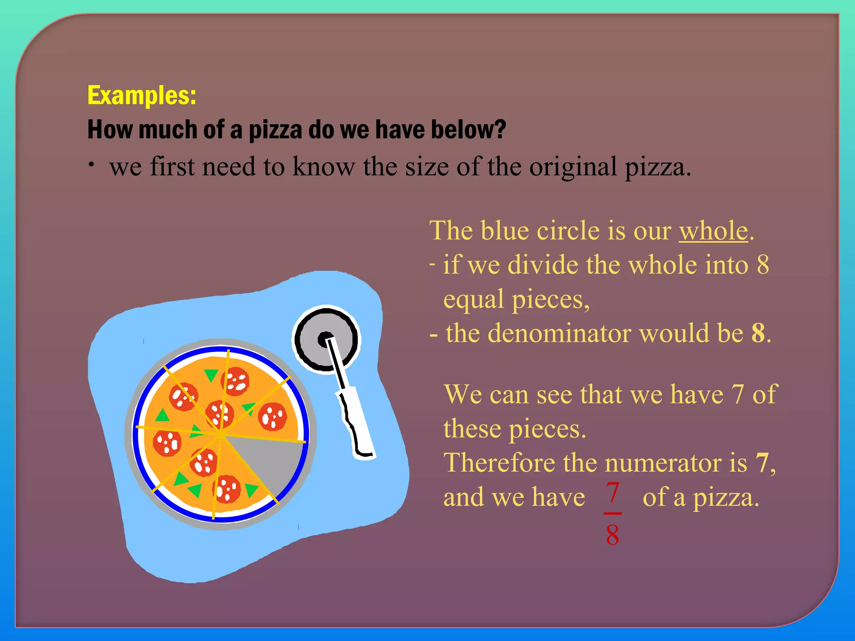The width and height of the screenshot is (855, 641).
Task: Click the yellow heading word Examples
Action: [141, 96]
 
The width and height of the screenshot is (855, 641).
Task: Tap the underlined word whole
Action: [713, 230]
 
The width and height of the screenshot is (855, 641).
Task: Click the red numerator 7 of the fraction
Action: [612, 492]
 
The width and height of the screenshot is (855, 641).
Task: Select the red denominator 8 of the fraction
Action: [612, 535]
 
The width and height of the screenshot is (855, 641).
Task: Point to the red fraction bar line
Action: [612, 513]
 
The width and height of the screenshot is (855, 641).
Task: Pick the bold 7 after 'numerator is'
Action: [762, 463]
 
